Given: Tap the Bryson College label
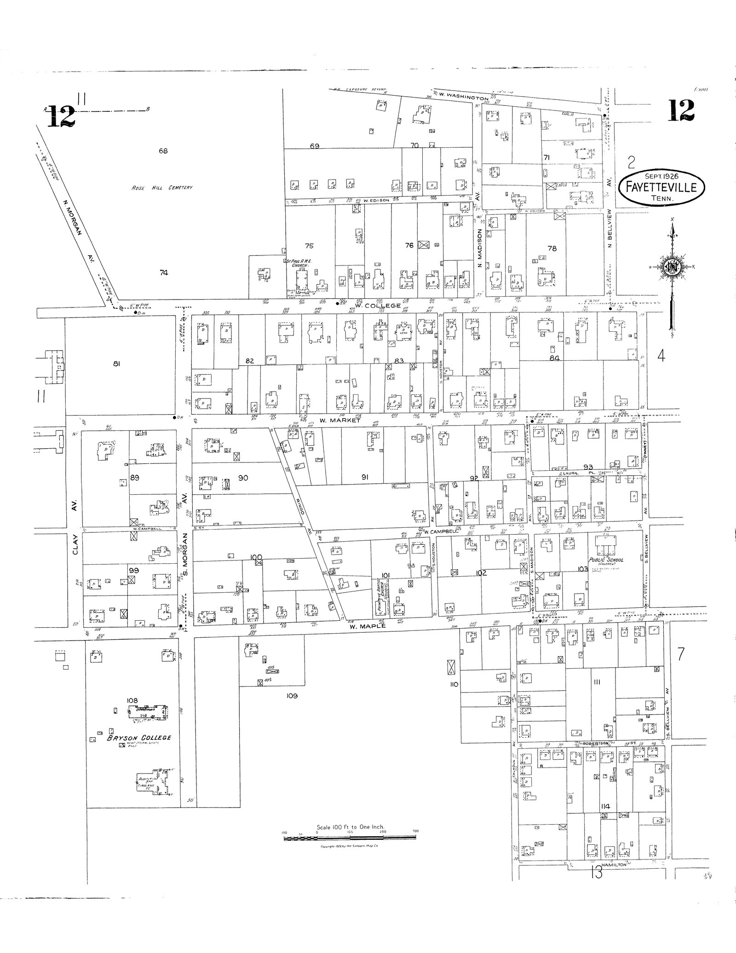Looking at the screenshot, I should pyautogui.click(x=139, y=738).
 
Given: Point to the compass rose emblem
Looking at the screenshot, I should pyautogui.click(x=672, y=267).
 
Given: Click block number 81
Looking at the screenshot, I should pyautogui.click(x=116, y=364).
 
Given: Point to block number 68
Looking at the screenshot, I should pyautogui.click(x=163, y=150).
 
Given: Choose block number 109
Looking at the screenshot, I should pyautogui.click(x=292, y=696).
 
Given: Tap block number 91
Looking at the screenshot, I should pyautogui.click(x=365, y=477).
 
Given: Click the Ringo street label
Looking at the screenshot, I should pyautogui.click(x=299, y=500).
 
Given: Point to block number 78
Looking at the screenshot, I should pyautogui.click(x=552, y=248).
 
